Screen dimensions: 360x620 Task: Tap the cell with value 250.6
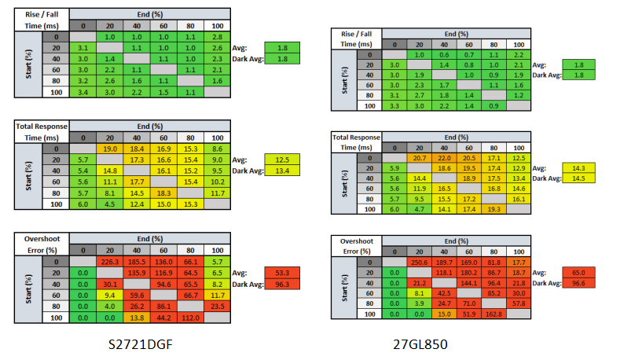tap(420, 262)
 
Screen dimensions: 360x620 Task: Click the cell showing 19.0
tap(111, 149)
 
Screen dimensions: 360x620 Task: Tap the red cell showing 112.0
tap(192, 318)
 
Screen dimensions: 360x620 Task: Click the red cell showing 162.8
tap(493, 313)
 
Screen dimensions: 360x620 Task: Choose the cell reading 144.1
tap(468, 282)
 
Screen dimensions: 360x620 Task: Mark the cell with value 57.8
tap(518, 303)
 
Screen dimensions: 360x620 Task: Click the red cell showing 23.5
tap(218, 306)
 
